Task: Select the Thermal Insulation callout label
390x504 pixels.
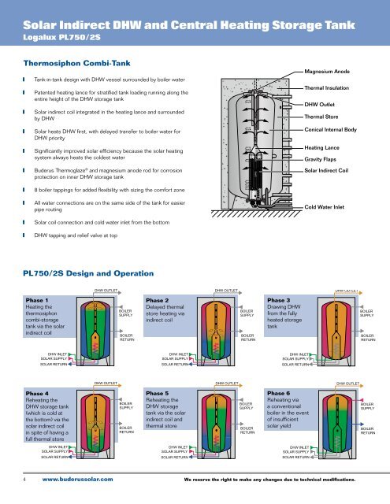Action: (x=329, y=88)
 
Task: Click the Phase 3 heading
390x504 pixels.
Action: (x=282, y=300)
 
